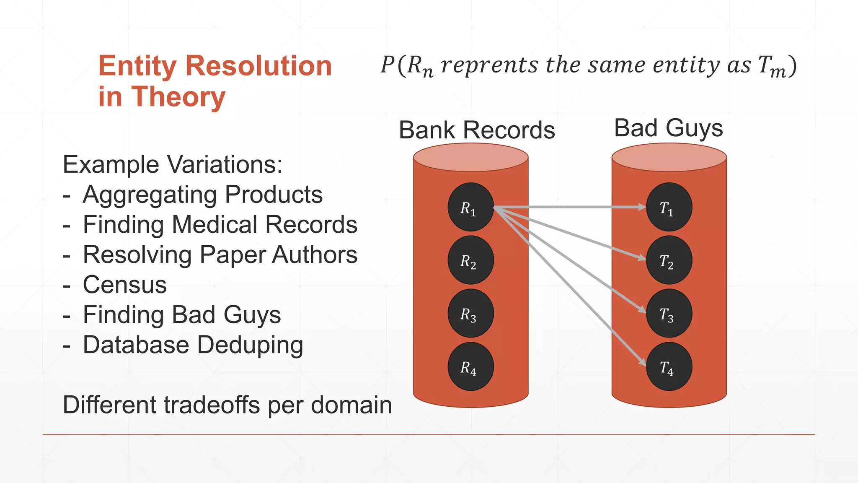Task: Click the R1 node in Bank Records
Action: coord(470,207)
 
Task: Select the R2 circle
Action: coord(470,260)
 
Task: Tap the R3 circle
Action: coord(470,314)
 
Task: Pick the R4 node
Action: coord(470,367)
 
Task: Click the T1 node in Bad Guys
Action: coord(669,207)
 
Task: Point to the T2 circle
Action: coord(669,260)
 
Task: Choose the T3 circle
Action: coord(669,314)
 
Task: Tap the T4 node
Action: coord(669,367)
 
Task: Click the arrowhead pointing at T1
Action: coord(642,207)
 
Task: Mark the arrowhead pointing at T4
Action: coord(642,362)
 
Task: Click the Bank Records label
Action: coord(476,130)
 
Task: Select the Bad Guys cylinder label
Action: coord(668,128)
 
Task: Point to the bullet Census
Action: coord(125,285)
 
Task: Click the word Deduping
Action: coord(250,345)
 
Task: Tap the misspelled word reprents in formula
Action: coord(489,65)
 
